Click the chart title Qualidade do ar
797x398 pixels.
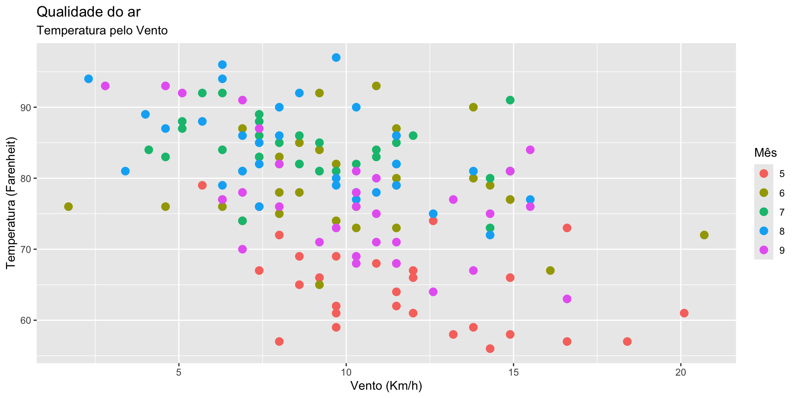(x=88, y=12)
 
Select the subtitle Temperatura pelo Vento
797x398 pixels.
(x=102, y=31)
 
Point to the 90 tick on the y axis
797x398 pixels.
(x=27, y=107)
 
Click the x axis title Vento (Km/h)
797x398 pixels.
(x=386, y=386)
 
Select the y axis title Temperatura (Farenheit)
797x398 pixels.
(x=11, y=203)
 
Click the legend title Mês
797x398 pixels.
(x=765, y=153)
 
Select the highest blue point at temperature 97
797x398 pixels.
(x=336, y=58)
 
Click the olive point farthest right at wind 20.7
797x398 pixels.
(x=704, y=235)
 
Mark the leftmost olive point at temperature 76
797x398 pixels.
(x=68, y=206)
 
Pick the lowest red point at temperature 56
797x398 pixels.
(x=490, y=349)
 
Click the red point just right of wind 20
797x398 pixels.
(x=684, y=313)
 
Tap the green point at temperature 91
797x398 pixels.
(x=510, y=100)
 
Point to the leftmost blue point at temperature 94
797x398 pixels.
(x=88, y=79)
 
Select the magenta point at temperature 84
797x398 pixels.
(x=530, y=150)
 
